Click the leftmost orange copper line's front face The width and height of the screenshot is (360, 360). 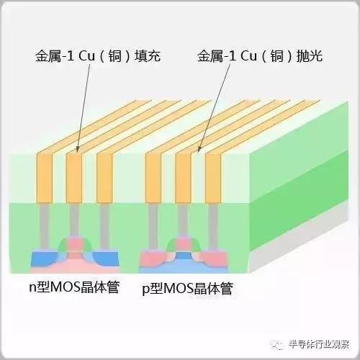click(45, 176)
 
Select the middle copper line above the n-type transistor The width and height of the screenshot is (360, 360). click(75, 176)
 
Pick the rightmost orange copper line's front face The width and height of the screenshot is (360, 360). click(213, 176)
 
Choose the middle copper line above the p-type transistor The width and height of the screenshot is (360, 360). click(183, 176)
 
